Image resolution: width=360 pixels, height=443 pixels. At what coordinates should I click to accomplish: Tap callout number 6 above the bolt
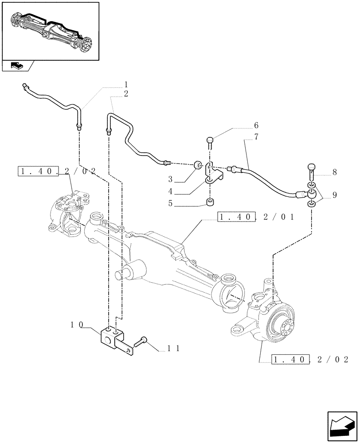(256, 126)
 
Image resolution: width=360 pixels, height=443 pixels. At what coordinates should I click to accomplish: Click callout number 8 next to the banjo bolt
(334, 172)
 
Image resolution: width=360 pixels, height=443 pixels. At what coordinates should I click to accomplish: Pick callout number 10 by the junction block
(77, 325)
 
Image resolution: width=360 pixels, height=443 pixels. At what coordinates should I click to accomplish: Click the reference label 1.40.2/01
(256, 217)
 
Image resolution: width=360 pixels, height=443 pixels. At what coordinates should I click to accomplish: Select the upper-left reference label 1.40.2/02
(57, 171)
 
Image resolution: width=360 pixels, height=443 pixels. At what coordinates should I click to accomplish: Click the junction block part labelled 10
(112, 336)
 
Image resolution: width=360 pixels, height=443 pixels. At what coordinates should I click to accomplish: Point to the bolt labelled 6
(210, 143)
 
